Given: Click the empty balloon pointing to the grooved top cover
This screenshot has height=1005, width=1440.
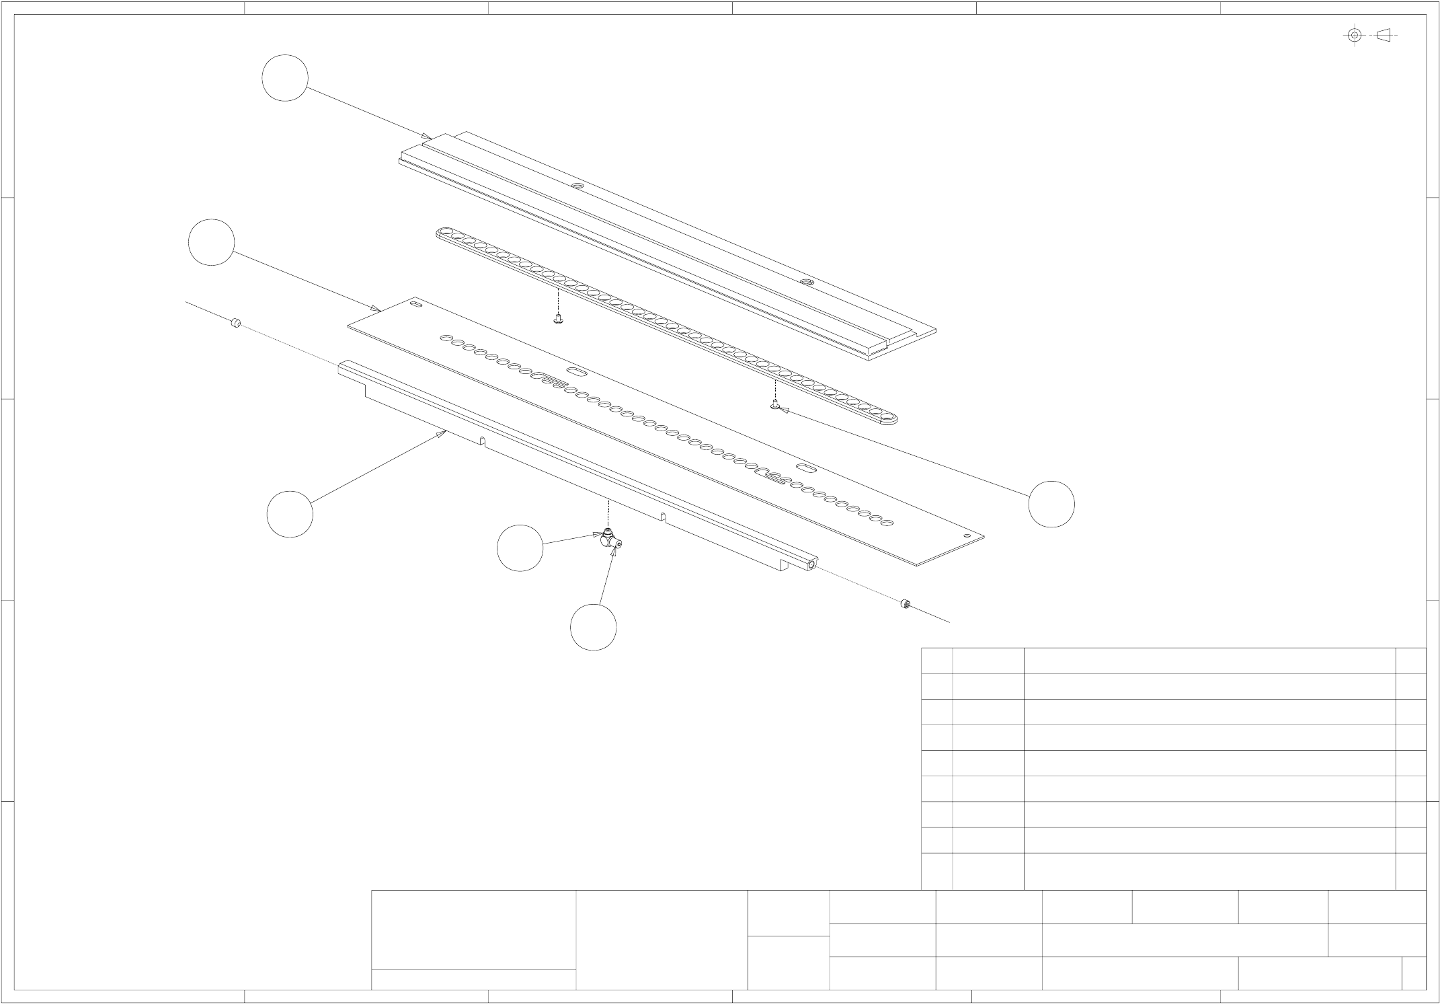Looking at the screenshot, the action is [285, 78].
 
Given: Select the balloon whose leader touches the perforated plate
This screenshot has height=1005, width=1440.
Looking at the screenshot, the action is [212, 242].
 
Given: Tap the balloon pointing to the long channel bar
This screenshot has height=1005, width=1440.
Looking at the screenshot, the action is [290, 514].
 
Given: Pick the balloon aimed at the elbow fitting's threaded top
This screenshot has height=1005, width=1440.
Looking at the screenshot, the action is [520, 548].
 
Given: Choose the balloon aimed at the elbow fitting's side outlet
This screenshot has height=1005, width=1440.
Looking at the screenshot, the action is [594, 627].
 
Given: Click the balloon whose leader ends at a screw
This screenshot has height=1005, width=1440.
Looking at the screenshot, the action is [1051, 504].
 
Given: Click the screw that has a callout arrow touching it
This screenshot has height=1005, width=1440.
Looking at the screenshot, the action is [775, 405].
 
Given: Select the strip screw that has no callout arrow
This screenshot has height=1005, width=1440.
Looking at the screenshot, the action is [557, 320].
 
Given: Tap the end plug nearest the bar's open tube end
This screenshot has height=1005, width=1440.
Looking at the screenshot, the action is [906, 603].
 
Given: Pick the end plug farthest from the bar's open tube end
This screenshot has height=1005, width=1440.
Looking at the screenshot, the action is [235, 324].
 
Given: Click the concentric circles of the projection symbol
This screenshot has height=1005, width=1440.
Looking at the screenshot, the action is [1355, 35].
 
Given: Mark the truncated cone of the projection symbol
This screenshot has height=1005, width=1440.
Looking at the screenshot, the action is [1383, 35].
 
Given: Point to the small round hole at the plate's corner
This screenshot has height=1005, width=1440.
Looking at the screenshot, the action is [967, 536].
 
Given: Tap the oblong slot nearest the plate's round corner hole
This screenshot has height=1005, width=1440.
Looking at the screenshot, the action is [805, 466].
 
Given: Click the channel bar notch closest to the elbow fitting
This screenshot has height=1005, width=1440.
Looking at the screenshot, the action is [663, 517].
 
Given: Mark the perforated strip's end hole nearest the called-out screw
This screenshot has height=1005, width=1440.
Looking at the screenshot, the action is [888, 420].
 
